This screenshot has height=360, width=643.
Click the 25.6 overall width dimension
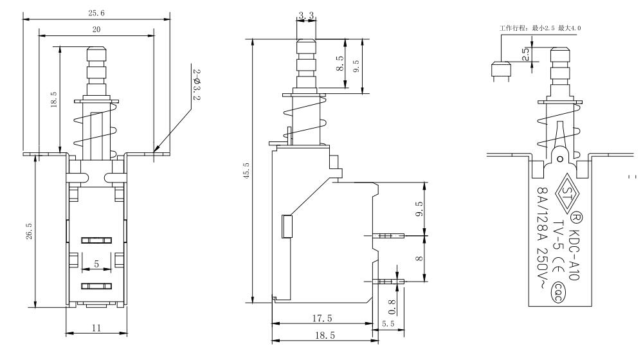click(x=96, y=13)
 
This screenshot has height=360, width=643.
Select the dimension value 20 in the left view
click(x=96, y=30)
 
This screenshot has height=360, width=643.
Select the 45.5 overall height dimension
click(x=247, y=172)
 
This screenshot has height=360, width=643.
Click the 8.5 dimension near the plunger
click(x=340, y=64)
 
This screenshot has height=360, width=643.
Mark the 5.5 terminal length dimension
click(x=388, y=325)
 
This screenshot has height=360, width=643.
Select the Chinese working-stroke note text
click(x=540, y=28)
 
